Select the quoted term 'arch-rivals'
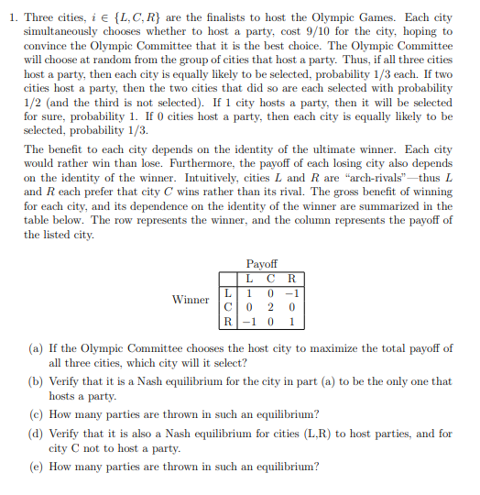[378, 177]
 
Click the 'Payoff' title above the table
[262, 263]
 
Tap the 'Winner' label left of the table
[191, 300]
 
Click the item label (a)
[35, 348]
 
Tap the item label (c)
[35, 412]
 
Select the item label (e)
[35, 466]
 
